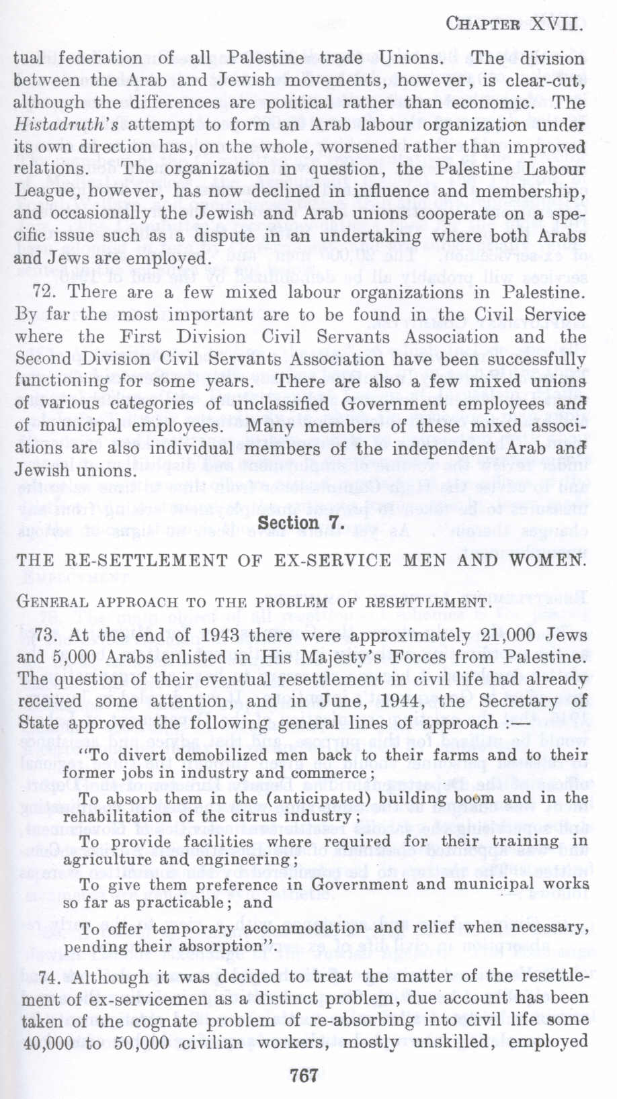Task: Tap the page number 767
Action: pyautogui.click(x=304, y=1074)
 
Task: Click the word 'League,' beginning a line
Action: pyautogui.click(x=43, y=192)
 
